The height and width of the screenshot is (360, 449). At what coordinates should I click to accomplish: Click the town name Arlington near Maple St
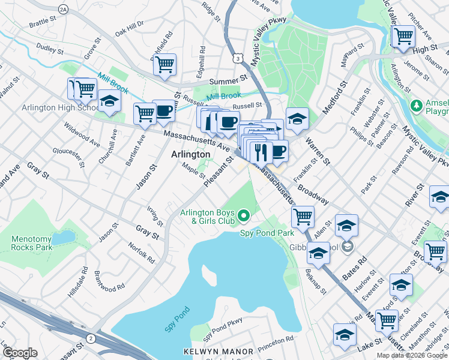[191, 154]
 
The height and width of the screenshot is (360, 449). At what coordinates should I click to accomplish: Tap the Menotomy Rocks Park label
[32, 242]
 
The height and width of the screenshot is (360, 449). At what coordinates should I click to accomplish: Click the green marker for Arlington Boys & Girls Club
[244, 214]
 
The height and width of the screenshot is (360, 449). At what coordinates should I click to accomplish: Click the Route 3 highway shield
[239, 58]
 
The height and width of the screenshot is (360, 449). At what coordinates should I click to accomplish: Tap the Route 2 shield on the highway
[90, 339]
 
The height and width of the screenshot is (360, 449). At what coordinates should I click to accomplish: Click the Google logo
[20, 353]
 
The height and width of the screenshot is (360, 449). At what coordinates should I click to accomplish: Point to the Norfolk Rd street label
[142, 253]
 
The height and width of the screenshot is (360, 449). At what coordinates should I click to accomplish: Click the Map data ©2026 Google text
[412, 355]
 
